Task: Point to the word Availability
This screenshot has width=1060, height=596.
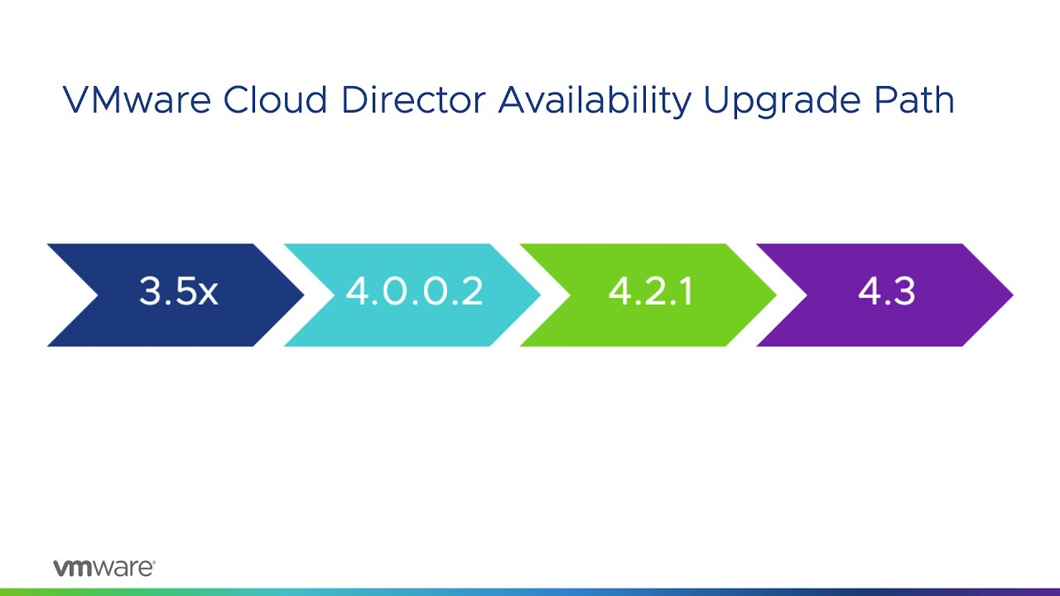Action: pyautogui.click(x=595, y=100)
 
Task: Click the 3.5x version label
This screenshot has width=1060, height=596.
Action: pyautogui.click(x=178, y=292)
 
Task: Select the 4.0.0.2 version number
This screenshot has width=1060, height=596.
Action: pyautogui.click(x=414, y=292)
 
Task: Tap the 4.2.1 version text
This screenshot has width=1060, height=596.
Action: pyautogui.click(x=650, y=292)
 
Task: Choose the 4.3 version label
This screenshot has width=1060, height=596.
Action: pyautogui.click(x=886, y=292)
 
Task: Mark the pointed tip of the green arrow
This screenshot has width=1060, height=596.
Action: pyautogui.click(x=774, y=295)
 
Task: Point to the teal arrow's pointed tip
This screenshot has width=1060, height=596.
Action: pyautogui.click(x=538, y=295)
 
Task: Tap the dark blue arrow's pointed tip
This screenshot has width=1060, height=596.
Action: pyautogui.click(x=302, y=295)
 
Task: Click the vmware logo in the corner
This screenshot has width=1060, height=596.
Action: pyautogui.click(x=104, y=568)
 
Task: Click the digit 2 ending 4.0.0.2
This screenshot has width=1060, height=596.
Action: pyautogui.click(x=472, y=292)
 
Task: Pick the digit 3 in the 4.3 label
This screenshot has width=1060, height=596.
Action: pyautogui.click(x=903, y=292)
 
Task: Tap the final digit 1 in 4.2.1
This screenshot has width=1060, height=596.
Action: pyautogui.click(x=686, y=292)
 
